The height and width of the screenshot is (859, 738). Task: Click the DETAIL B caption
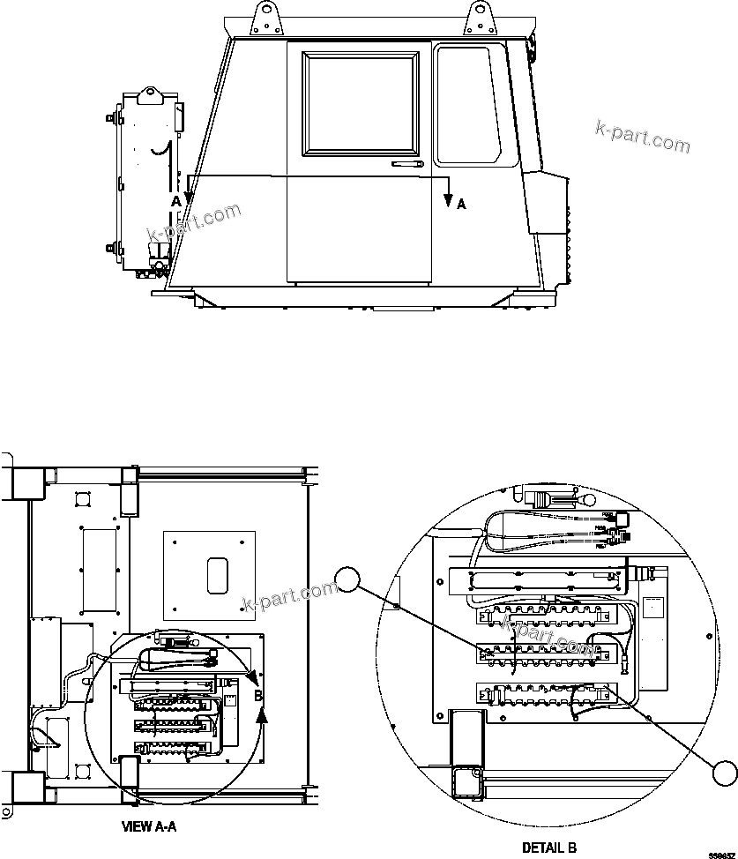[548, 848]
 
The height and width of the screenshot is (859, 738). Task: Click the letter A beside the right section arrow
[460, 204]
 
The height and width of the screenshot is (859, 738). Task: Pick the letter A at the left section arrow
[175, 202]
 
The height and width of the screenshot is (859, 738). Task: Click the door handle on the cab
[407, 164]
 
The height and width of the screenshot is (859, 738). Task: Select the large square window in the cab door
[361, 103]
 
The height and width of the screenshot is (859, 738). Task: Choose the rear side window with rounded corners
[464, 105]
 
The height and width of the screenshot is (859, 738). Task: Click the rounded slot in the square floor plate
[215, 576]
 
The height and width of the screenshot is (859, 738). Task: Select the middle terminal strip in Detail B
[542, 653]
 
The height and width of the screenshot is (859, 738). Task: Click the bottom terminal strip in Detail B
[542, 693]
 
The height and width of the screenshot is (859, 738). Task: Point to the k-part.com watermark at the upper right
[642, 135]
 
